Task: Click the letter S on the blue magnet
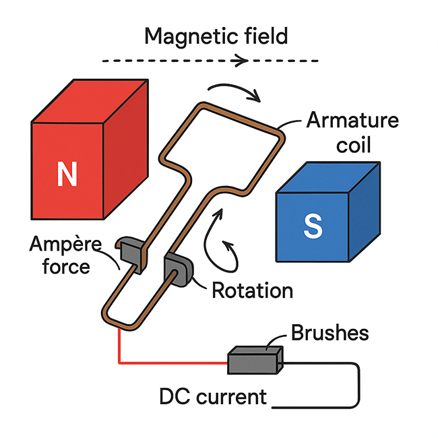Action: (313, 226)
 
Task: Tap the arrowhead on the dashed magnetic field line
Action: (240, 61)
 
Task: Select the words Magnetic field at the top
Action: (216, 35)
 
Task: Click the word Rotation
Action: (252, 290)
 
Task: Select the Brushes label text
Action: (330, 333)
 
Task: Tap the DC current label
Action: (212, 396)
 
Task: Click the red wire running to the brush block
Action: (168, 363)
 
